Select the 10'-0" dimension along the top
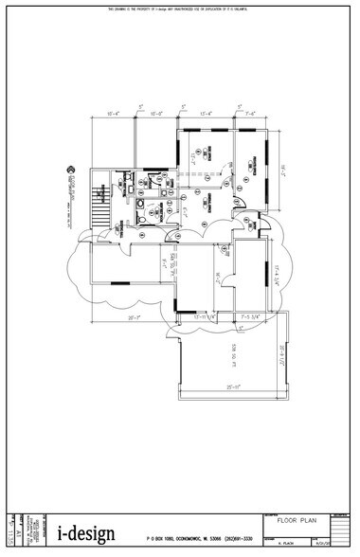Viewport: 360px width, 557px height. (158, 115)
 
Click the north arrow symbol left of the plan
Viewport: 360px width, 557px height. (69, 170)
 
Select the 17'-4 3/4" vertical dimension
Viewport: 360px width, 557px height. (278, 276)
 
